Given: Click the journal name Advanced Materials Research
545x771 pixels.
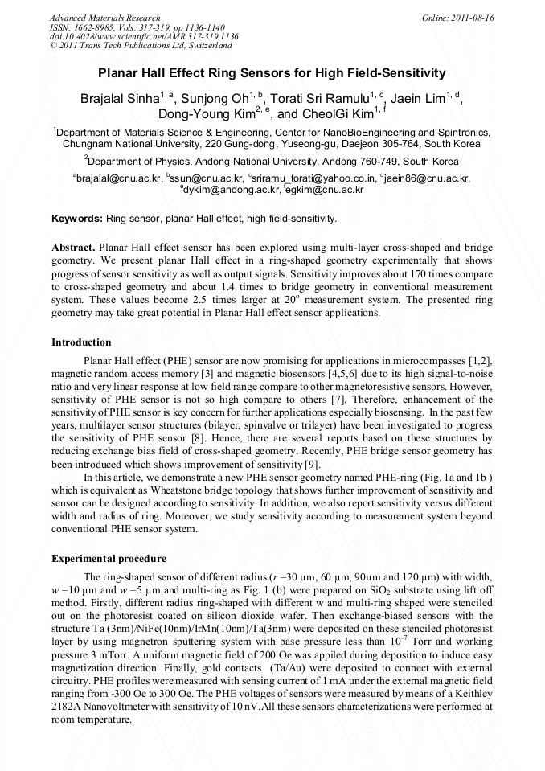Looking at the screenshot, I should click(x=104, y=18).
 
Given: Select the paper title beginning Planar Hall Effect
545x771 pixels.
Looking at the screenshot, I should click(x=272, y=73).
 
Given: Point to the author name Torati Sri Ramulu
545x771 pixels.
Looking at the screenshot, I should click(x=322, y=100).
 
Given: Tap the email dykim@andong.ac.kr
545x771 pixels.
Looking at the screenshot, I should click(x=231, y=191).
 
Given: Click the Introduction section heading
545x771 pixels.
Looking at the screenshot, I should click(x=81, y=342).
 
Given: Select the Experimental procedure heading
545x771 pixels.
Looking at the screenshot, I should click(x=109, y=559).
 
